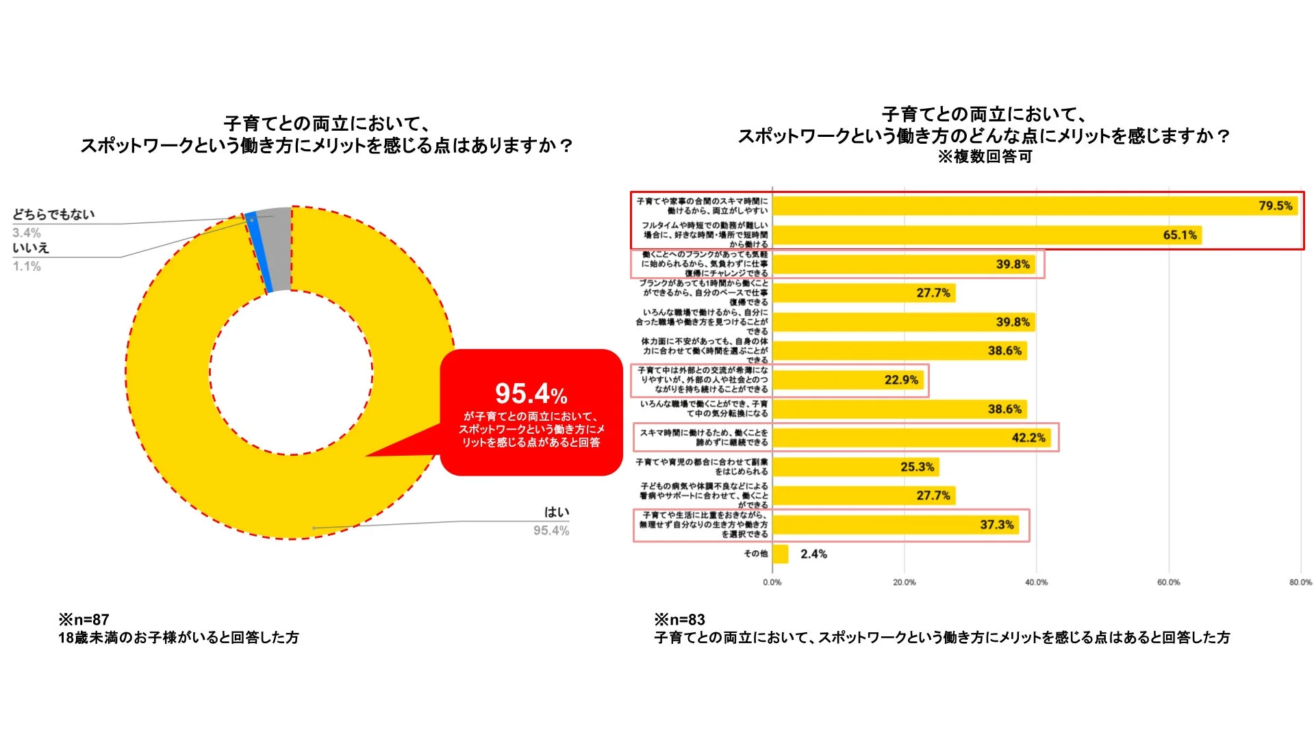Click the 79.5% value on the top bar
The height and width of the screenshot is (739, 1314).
tap(1275, 206)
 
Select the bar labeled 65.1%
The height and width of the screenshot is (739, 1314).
tap(986, 235)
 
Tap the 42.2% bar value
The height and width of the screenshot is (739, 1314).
tap(1028, 438)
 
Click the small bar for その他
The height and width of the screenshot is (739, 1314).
tap(780, 554)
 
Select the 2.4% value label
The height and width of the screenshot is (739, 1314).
tap(813, 554)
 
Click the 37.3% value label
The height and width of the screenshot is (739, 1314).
tap(996, 525)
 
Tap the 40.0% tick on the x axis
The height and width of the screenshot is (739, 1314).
tap(1036, 582)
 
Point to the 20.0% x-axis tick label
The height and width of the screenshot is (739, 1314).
tap(904, 582)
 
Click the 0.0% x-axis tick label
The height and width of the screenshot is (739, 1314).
tap(772, 582)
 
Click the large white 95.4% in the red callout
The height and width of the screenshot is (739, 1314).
tap(531, 394)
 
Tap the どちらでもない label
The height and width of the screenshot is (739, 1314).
tap(53, 214)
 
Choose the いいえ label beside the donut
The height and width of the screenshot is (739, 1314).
tap(31, 248)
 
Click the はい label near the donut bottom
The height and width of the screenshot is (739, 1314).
tap(556, 512)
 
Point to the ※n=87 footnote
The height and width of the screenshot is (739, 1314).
tap(84, 619)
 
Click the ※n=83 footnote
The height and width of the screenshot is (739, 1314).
tap(679, 619)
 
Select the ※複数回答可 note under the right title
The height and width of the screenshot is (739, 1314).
tap(985, 157)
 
